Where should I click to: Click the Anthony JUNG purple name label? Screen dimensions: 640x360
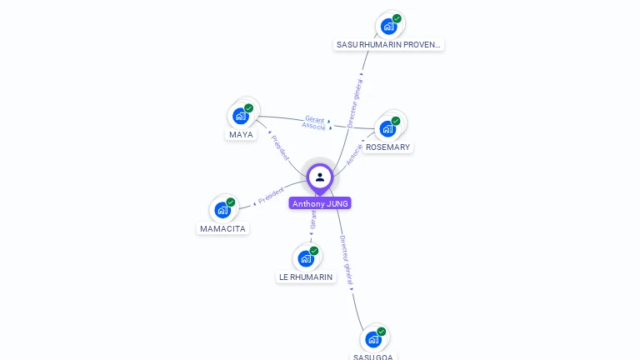pos(320,203)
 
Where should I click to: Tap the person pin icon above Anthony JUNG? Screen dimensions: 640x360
pos(320,177)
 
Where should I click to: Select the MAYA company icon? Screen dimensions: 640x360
pos(241,116)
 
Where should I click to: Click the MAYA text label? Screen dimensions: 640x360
pos(241,135)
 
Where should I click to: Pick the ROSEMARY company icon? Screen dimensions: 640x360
pos(387,128)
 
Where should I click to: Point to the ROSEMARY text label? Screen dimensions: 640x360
pos(387,147)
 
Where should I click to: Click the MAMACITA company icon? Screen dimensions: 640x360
pos(222,210)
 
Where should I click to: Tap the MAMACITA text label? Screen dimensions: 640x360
pos(223,228)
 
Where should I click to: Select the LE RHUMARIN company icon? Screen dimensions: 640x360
pos(306,258)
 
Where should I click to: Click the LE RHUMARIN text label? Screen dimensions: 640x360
pos(306,277)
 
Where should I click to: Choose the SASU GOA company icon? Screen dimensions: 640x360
pos(373,339)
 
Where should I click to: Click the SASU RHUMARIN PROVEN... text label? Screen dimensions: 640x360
pos(388,44)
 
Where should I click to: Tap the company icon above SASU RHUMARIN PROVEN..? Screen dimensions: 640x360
pos(388,26)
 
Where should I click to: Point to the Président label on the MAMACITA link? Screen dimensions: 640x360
pos(271,197)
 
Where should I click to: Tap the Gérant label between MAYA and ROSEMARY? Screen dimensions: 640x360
pos(315,119)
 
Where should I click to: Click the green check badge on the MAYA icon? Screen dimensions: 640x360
pos(248,108)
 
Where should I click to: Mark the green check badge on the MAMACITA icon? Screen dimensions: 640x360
pos(231,202)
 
